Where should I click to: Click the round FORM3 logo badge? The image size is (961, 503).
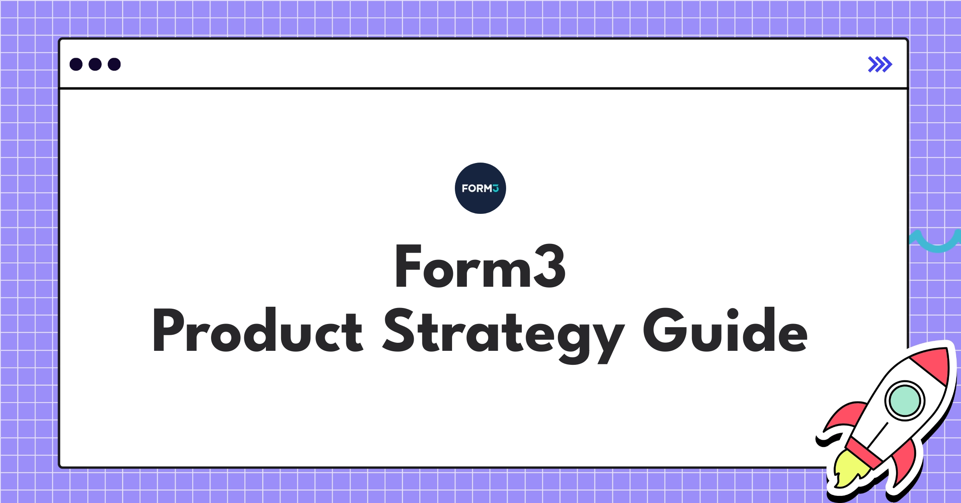point(480,188)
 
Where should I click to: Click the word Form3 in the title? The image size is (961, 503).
point(480,266)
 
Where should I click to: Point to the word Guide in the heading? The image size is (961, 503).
point(725,330)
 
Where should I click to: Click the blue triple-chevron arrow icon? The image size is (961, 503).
point(880,64)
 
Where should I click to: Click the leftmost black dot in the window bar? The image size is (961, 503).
point(76,64)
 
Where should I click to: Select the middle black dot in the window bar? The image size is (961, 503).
point(95,64)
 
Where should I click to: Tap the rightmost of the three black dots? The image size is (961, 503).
point(114,64)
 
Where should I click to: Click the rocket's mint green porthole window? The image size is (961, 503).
point(905,400)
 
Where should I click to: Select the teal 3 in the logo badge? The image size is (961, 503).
point(496,188)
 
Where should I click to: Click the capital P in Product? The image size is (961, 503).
point(168,330)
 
